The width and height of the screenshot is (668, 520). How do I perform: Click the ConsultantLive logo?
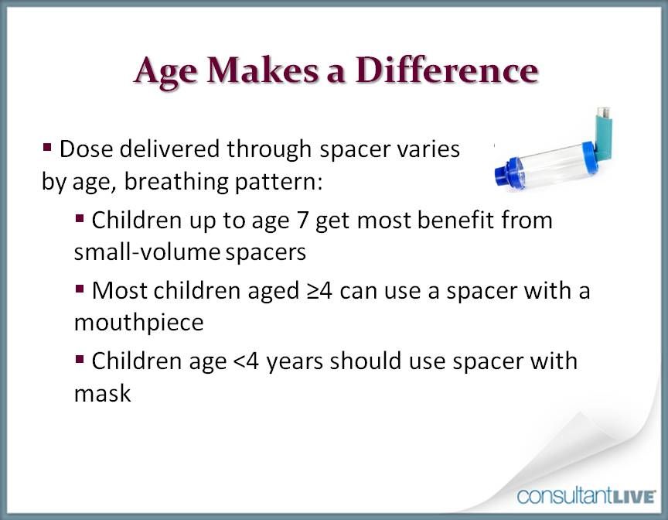click(587, 495)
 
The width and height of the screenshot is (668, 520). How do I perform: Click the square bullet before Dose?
click(47, 145)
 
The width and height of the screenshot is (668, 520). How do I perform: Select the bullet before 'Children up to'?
click(80, 219)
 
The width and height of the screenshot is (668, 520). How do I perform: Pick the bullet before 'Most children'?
click(80, 289)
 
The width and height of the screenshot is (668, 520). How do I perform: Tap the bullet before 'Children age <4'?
click(80, 360)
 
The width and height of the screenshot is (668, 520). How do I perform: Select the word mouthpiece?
click(138, 323)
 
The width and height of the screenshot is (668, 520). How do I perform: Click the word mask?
click(102, 393)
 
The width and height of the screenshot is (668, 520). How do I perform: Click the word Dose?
click(87, 148)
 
